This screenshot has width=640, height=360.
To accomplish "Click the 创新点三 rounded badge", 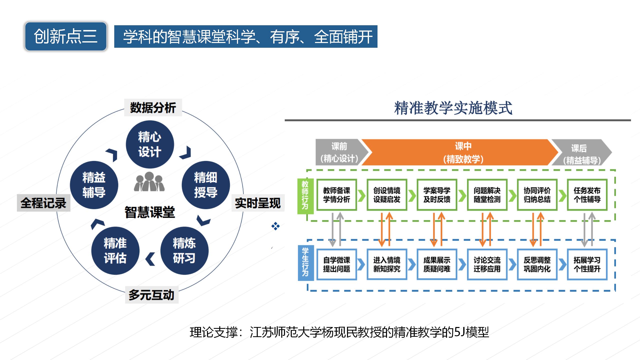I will coord(66,36).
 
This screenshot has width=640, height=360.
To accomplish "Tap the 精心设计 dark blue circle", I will coord(150,144).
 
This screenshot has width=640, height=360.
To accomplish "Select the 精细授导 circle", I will coord(206,185).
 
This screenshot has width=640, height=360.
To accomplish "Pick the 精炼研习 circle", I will coord(184,251).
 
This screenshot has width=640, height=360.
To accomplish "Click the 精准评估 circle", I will coord(115,251).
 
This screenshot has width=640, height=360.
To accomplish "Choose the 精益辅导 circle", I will coord(94,185).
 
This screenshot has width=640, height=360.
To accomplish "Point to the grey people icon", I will coord(149,182).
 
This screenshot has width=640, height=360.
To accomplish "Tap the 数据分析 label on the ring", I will coord(153,107).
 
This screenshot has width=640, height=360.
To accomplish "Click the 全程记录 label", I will coord(43,203).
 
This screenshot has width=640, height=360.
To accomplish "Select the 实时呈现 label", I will coord(258,203).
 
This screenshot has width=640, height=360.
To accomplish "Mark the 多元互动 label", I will coord(151,295).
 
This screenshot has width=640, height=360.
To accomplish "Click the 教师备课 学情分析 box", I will coord(336,195).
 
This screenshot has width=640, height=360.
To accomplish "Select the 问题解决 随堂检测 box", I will coord(487,195).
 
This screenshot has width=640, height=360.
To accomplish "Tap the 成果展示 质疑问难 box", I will coord(437,264).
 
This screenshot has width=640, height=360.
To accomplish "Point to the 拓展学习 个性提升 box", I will coord(587,264).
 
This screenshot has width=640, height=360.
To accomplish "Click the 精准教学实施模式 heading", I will coord(453,108).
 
